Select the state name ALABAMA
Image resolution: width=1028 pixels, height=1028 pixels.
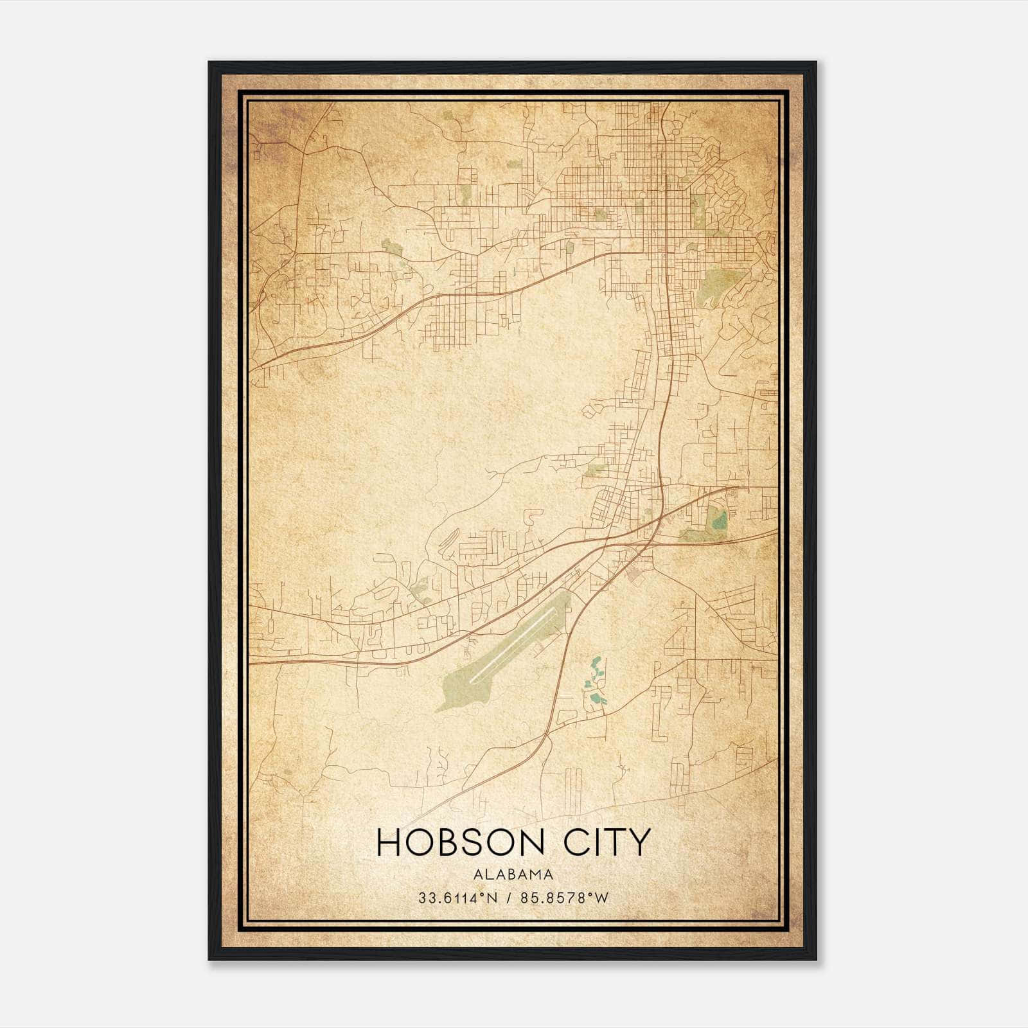pyautogui.click(x=513, y=874)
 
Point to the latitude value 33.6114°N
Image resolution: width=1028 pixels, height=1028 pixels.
pyautogui.click(x=457, y=898)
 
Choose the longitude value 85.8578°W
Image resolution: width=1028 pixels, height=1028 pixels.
pyautogui.click(x=565, y=898)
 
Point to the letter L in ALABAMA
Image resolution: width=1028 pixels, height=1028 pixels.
pyautogui.click(x=488, y=874)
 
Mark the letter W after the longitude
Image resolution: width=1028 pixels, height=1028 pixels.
pyautogui.click(x=601, y=898)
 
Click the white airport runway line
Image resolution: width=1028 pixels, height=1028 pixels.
pyautogui.click(x=515, y=643)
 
